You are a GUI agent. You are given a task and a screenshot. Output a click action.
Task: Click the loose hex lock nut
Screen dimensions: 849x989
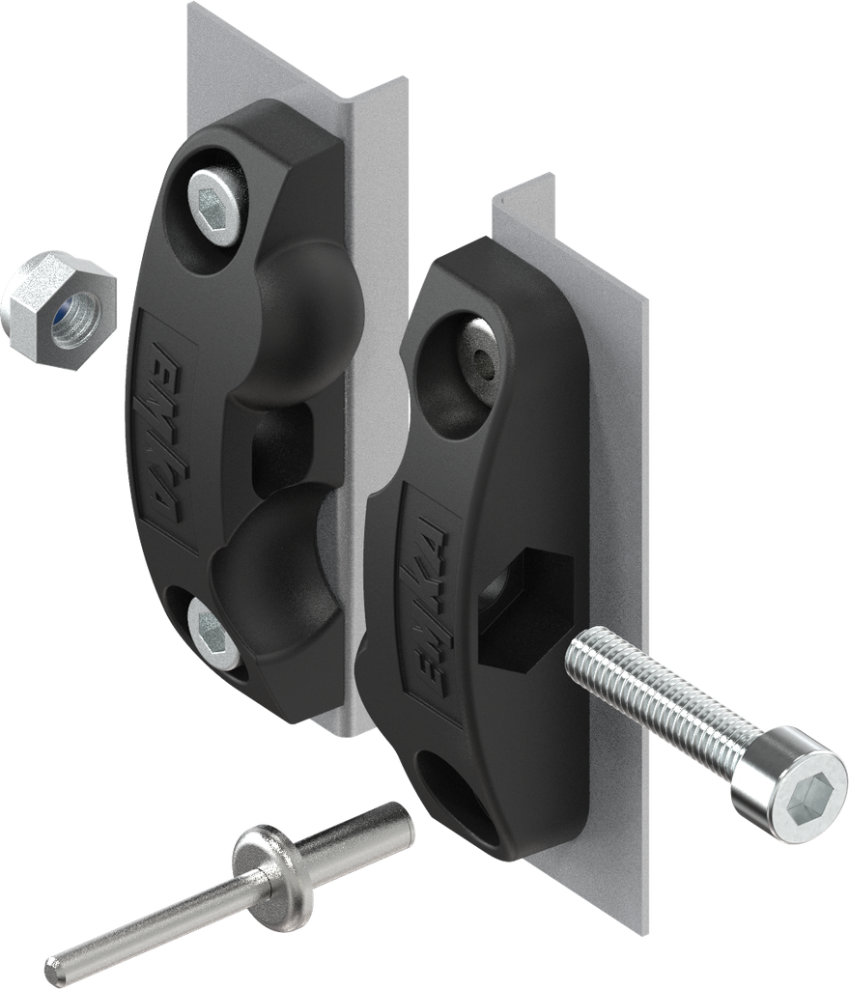[x=58, y=308]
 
